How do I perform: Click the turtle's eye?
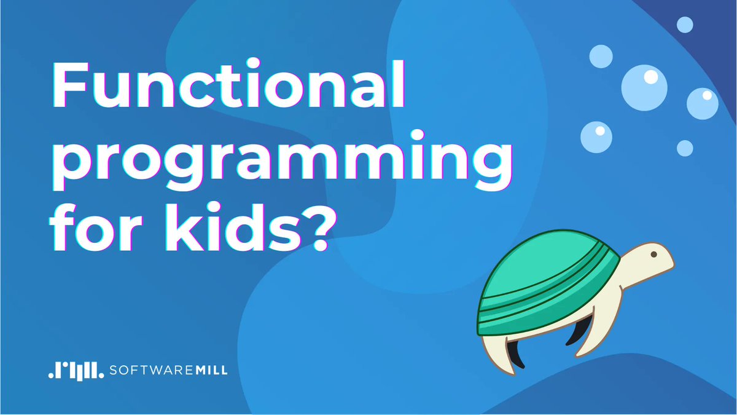click(x=653, y=253)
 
